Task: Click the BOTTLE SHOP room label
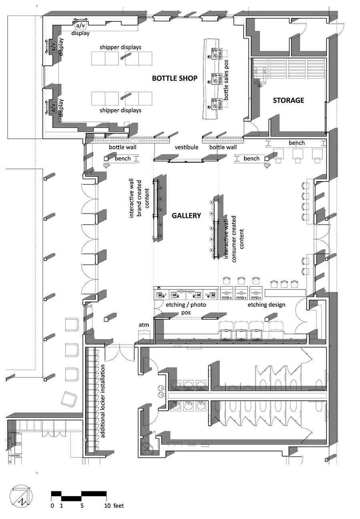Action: coord(174,78)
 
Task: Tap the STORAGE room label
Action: coord(288,100)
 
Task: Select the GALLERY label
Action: coord(186,216)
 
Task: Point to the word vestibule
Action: coord(186,147)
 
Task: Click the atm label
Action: coord(144,325)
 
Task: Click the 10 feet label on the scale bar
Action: coord(114,506)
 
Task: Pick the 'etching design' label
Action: coord(266,305)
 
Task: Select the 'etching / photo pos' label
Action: coord(186,308)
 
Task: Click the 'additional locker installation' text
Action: coord(103,401)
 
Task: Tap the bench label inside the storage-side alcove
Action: coord(296,143)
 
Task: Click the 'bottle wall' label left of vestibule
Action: coord(122,147)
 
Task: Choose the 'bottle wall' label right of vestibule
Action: coord(223,147)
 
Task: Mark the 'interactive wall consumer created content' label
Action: coord(234,238)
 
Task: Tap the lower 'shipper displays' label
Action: coord(120,110)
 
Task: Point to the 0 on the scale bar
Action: coord(52,506)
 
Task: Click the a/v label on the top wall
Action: coord(80,26)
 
